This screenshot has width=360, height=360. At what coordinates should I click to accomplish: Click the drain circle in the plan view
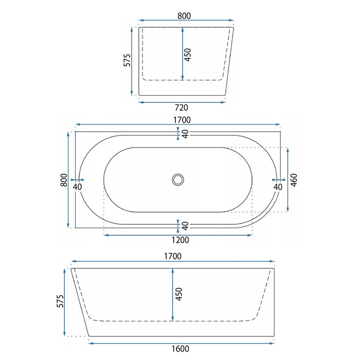(178, 179)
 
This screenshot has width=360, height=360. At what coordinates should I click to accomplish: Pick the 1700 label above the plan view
(182, 119)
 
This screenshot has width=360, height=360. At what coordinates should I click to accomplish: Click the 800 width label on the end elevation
(184, 16)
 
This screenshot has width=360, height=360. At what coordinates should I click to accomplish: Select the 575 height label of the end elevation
(127, 61)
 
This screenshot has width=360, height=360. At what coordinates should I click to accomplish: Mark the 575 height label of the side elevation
(60, 301)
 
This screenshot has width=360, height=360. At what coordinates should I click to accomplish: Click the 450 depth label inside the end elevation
(188, 53)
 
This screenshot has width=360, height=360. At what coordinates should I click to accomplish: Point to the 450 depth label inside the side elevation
(179, 294)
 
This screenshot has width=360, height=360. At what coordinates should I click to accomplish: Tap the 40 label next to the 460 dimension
(278, 187)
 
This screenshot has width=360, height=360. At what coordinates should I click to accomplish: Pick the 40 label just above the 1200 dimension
(185, 225)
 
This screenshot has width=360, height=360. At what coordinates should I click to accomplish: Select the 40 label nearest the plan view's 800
(78, 187)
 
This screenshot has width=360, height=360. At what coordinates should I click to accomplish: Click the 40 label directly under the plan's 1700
(185, 134)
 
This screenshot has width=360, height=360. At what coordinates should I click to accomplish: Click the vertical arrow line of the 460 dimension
(287, 179)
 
